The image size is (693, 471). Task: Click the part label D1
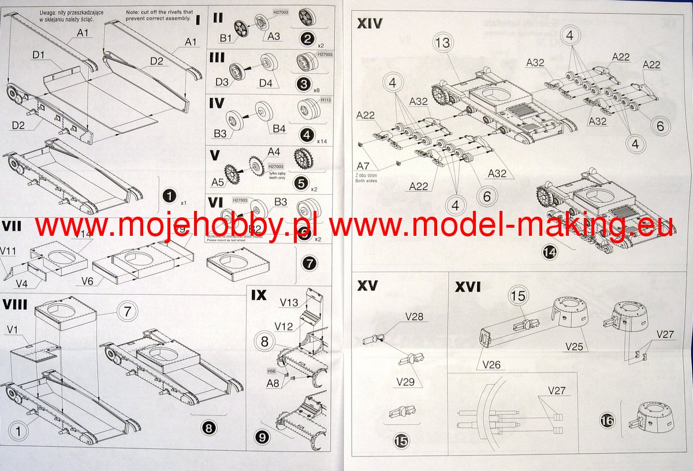[x=40, y=55]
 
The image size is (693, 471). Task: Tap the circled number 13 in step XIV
[x=443, y=43]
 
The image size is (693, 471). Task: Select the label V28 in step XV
[x=415, y=317]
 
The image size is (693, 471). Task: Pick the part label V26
[x=488, y=365]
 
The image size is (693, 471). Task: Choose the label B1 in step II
[x=226, y=39]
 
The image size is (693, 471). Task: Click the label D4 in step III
[x=266, y=83]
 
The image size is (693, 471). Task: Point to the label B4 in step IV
[x=280, y=128]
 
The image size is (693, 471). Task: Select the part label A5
[x=218, y=181]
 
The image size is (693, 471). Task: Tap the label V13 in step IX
[x=289, y=303]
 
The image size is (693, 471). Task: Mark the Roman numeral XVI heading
[x=468, y=287]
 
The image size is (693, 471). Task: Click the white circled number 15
[x=518, y=296]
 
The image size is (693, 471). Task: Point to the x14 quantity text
[x=322, y=140]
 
